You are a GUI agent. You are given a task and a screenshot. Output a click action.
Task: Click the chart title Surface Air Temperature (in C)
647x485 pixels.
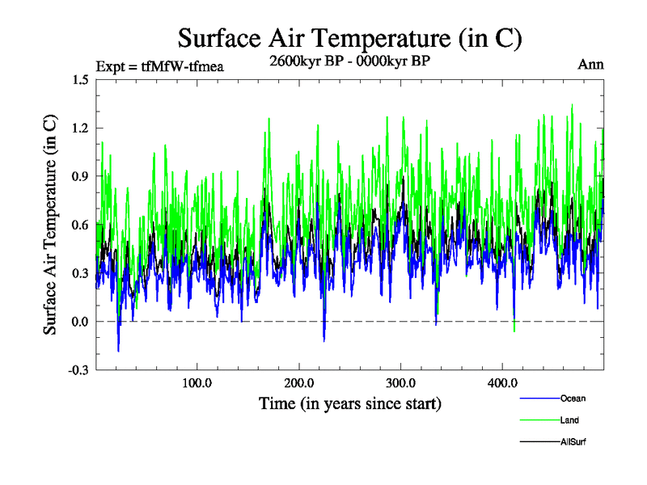tap(349, 38)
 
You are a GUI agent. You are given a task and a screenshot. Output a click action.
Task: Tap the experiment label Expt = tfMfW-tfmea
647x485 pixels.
tap(159, 65)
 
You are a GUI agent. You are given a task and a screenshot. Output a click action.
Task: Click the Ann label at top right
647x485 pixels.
tap(590, 64)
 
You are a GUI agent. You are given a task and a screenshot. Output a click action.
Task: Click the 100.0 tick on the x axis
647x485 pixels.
tap(197, 383)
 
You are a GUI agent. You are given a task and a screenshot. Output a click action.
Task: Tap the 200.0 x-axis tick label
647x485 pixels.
tap(299, 383)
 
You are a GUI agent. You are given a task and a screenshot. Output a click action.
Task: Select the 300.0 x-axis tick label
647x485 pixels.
tap(401, 383)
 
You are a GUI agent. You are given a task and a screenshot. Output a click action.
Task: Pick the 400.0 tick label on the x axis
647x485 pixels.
tap(503, 383)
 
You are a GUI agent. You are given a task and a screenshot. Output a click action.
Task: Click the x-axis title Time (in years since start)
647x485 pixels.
tap(349, 403)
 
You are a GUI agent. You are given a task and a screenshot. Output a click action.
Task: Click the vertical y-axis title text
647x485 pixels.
tap(50, 225)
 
